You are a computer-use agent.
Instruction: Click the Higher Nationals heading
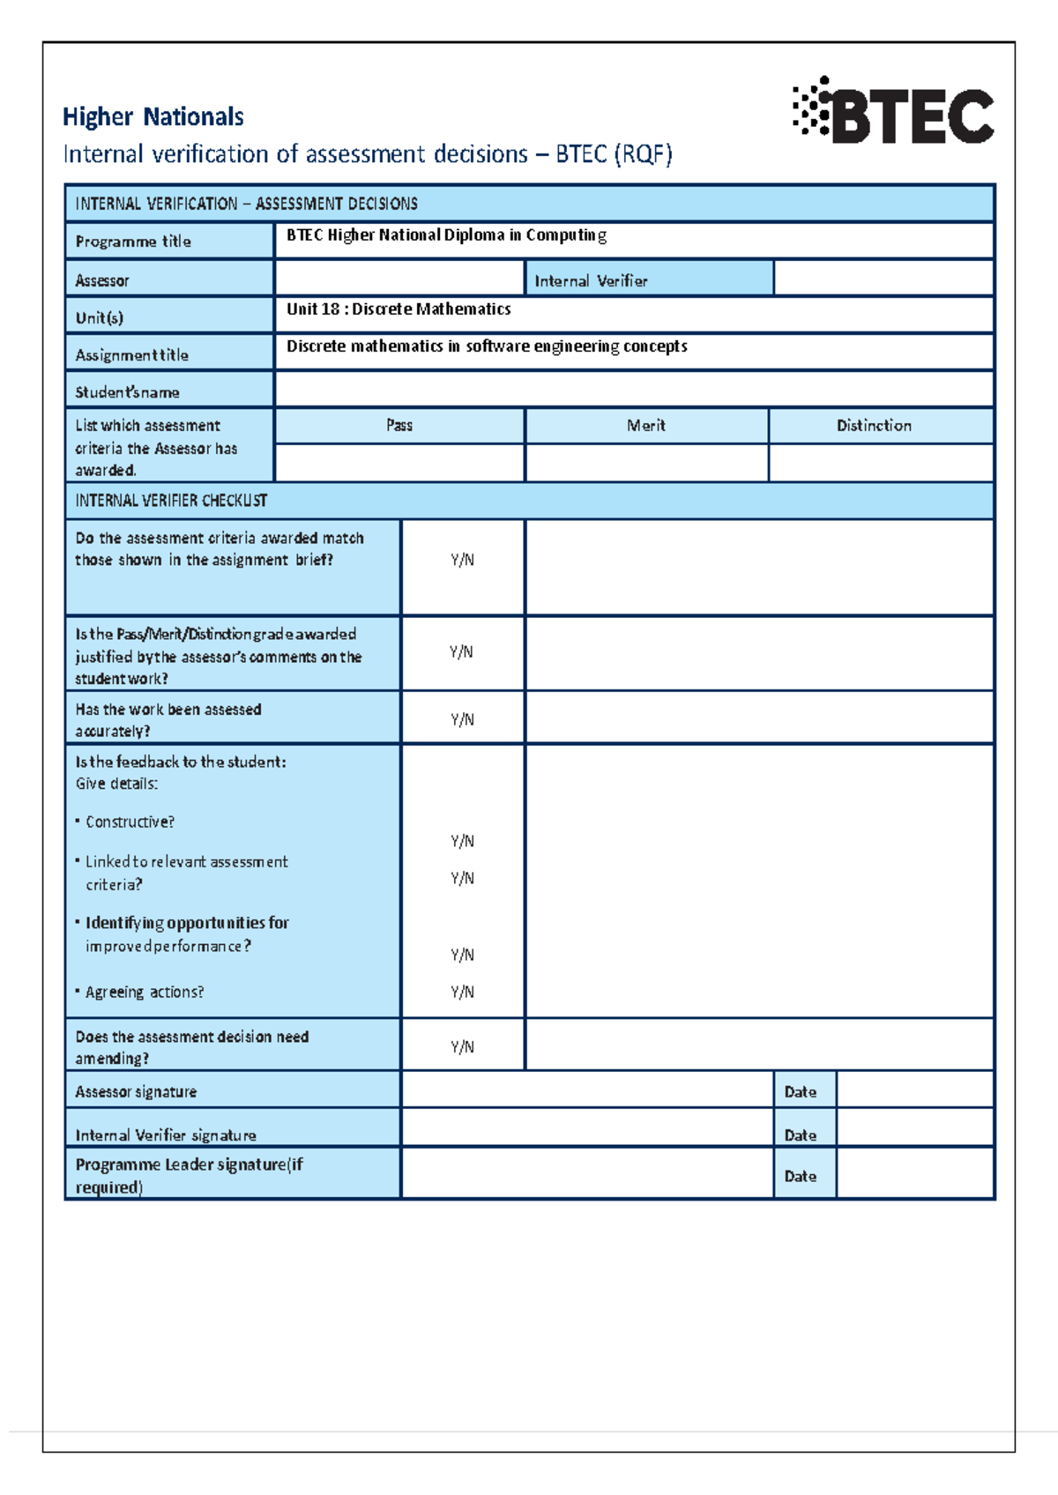pyautogui.click(x=153, y=116)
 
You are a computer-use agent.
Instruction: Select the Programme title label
pyautogui.click(x=133, y=242)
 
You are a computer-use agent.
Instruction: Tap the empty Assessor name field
pyautogui.click(x=399, y=279)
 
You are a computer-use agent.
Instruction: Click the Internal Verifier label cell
pyautogui.click(x=591, y=280)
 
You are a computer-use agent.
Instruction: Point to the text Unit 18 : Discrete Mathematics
pyautogui.click(x=399, y=309)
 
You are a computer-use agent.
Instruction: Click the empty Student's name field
pyautogui.click(x=633, y=389)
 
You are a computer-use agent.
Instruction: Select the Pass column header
pyautogui.click(x=399, y=426)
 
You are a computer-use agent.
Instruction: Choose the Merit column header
pyautogui.click(x=646, y=426)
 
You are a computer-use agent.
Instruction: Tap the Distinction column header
pyautogui.click(x=874, y=426)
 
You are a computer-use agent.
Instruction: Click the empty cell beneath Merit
pyautogui.click(x=646, y=463)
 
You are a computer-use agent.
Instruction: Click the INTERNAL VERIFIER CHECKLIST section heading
pyautogui.click(x=171, y=501)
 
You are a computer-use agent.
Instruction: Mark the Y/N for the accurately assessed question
pyautogui.click(x=462, y=719)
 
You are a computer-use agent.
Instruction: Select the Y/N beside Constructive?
pyautogui.click(x=462, y=841)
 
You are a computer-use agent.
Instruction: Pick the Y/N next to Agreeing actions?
pyautogui.click(x=462, y=992)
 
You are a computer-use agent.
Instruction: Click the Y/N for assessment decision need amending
pyautogui.click(x=462, y=1046)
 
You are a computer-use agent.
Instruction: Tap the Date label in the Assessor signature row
pyautogui.click(x=801, y=1091)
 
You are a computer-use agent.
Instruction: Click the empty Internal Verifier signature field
pyautogui.click(x=586, y=1128)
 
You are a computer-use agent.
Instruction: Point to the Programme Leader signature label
pyautogui.click(x=189, y=1175)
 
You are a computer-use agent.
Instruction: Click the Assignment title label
pyautogui.click(x=132, y=355)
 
